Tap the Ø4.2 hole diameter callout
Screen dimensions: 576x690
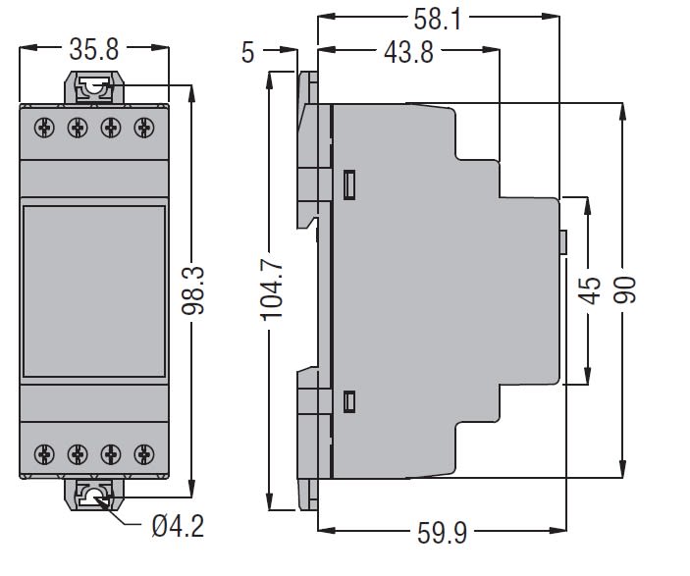click(178, 527)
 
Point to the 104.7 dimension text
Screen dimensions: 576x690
click(272, 290)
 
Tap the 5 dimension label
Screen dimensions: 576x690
click(248, 52)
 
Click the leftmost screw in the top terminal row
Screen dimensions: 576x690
click(44, 127)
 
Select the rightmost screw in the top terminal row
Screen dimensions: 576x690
click(144, 127)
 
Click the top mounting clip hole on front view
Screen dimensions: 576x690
click(95, 88)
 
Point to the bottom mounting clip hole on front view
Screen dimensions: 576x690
click(95, 497)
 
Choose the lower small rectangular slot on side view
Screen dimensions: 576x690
click(349, 400)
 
